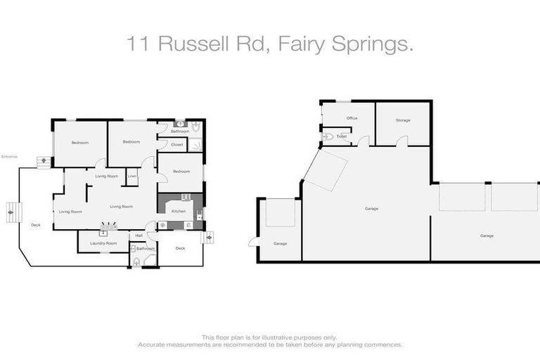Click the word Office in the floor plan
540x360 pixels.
[x=352, y=118]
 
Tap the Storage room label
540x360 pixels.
[x=402, y=120]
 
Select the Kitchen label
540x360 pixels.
[x=179, y=211]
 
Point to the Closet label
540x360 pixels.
[x=177, y=145]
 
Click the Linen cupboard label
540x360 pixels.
[x=131, y=176]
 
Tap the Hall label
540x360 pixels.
[x=139, y=236]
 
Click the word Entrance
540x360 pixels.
[x=9, y=157]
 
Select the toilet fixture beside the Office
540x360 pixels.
[x=328, y=136]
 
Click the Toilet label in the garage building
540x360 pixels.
[x=342, y=136]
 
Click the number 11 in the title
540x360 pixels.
[x=138, y=45]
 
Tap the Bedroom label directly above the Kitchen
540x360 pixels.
[x=181, y=172]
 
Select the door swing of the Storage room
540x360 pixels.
[x=401, y=141]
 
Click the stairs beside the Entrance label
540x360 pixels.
[x=44, y=161]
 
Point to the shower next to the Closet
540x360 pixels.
[x=195, y=145]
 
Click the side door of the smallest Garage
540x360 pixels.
[x=252, y=242]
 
